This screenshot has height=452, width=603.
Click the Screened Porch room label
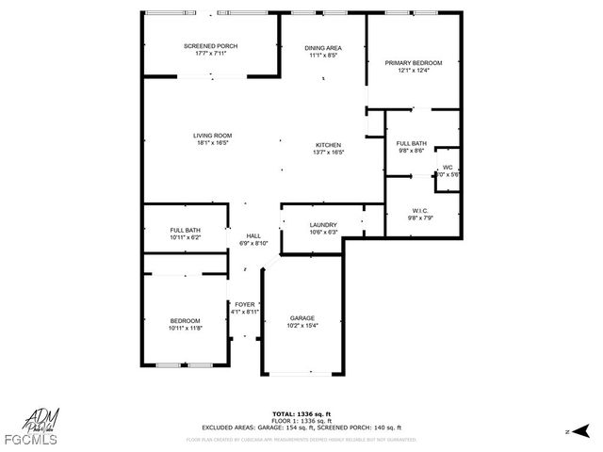click(x=210, y=46)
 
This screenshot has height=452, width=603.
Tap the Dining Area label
click(x=323, y=48)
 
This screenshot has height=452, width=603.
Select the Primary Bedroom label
click(x=413, y=63)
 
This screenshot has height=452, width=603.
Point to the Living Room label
click(x=213, y=136)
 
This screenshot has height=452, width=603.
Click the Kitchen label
click(x=329, y=144)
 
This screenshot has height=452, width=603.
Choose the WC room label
click(x=448, y=168)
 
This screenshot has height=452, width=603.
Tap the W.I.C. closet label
click(x=420, y=210)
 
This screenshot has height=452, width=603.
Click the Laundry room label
click(x=323, y=224)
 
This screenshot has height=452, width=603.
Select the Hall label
click(x=253, y=235)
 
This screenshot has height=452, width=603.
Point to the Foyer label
click(x=245, y=304)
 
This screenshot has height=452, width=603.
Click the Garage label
click(x=301, y=318)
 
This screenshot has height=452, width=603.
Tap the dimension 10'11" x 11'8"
click(x=185, y=327)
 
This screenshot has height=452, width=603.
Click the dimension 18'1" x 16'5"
click(x=213, y=143)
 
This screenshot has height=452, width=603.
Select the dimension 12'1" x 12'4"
click(x=413, y=71)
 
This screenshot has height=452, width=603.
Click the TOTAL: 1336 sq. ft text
click(x=301, y=413)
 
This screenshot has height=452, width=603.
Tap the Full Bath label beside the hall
click(x=185, y=231)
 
